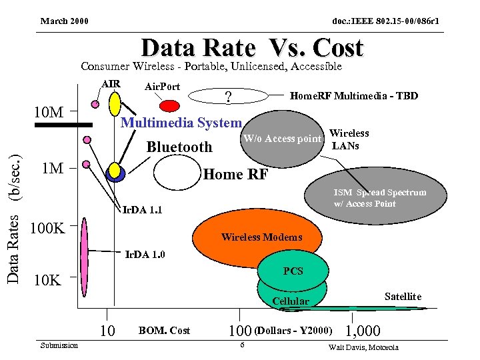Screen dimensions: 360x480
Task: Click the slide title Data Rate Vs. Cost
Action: (252, 48)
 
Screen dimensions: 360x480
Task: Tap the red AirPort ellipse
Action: (170, 105)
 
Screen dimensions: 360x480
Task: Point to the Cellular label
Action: (291, 301)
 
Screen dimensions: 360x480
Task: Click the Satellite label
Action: (403, 296)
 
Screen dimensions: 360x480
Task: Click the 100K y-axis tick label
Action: (48, 229)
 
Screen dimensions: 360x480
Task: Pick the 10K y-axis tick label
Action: (48, 279)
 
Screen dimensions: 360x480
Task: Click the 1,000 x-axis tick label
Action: (363, 331)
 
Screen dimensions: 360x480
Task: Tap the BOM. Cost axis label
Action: (164, 330)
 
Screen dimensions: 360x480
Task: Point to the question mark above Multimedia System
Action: (229, 97)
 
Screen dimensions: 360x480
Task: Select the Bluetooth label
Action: (179, 147)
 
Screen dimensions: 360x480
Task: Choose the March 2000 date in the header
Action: (65, 22)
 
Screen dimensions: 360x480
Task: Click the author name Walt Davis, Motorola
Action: (363, 347)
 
